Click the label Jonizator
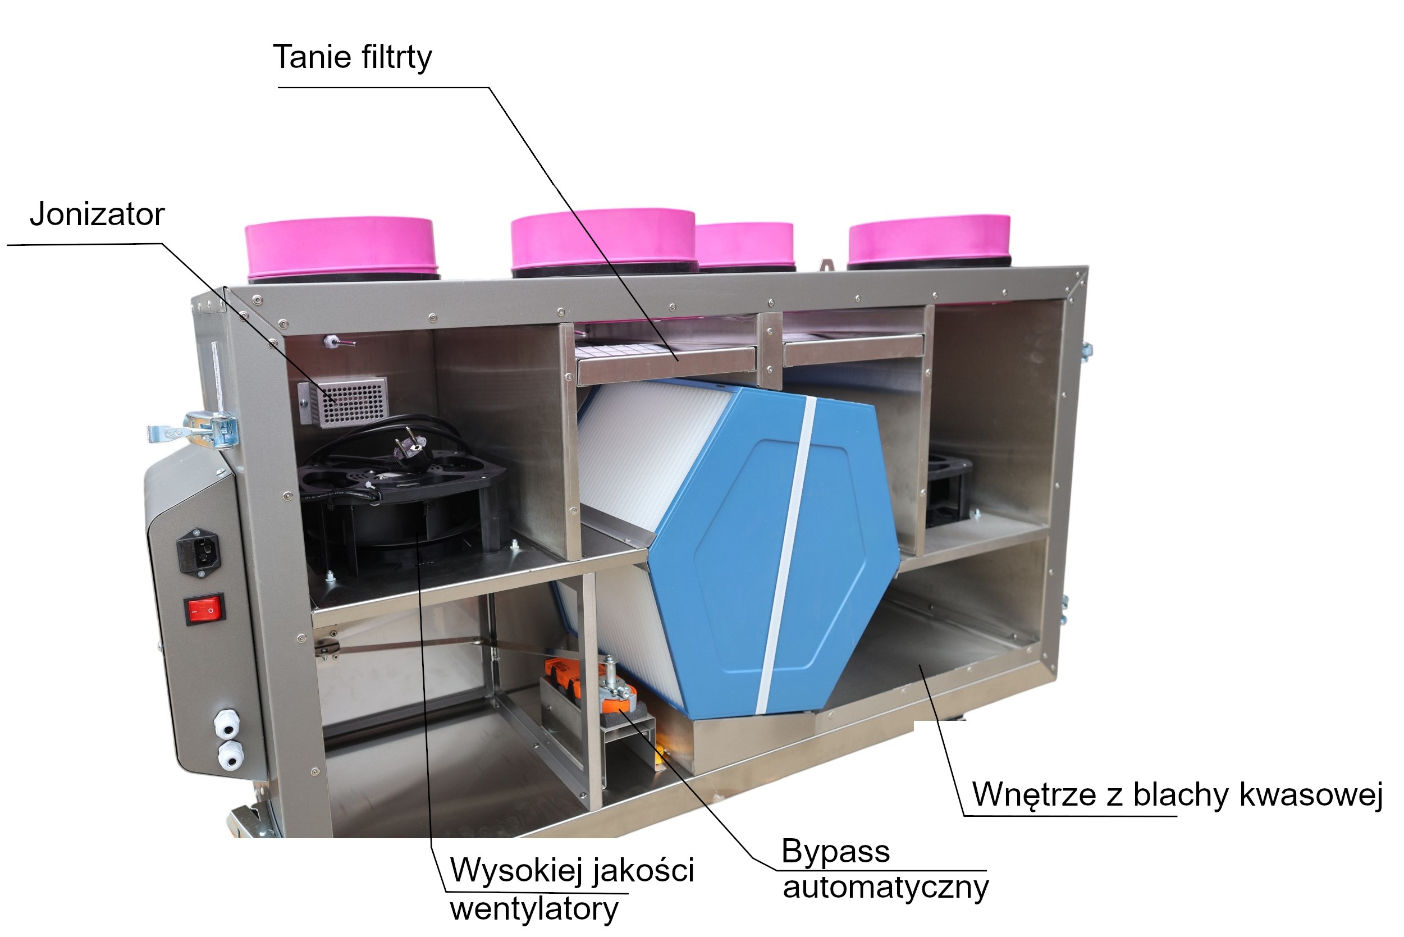pos(97,214)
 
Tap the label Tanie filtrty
pos(353,57)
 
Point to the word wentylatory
pos(534,909)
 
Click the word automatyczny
pos(885,888)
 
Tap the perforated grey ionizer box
pos(343,401)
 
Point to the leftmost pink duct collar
pos(341,248)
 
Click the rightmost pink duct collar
pos(929,241)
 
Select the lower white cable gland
pos(231,755)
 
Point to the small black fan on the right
pos(947,490)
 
